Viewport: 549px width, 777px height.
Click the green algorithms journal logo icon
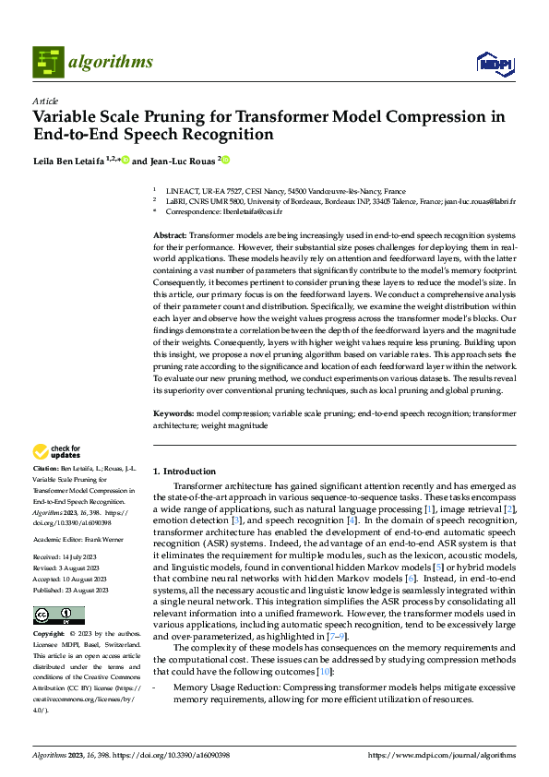[x=49, y=62]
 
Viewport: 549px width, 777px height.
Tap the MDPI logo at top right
[x=494, y=63]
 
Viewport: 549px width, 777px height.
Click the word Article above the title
[x=45, y=101]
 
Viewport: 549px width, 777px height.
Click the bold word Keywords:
[x=173, y=414]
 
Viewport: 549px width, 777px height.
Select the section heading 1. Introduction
[x=185, y=472]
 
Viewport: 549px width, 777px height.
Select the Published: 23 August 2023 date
[x=71, y=590]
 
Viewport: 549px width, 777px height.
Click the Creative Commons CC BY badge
[x=59, y=615]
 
